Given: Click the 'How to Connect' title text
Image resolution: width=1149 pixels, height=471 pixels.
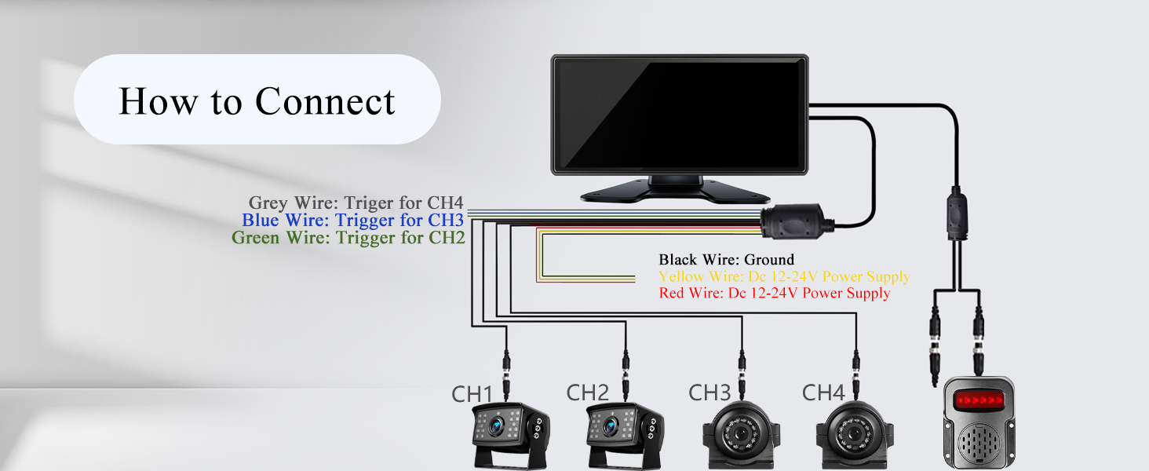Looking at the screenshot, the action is point(257,100).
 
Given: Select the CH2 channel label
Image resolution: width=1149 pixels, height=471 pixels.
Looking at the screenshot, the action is point(587,393).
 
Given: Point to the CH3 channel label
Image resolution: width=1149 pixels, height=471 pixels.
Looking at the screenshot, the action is point(709,393).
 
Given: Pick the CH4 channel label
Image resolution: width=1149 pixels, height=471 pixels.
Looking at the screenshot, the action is point(823,393).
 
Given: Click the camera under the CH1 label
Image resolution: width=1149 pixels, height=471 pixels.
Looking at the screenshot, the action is point(510,436).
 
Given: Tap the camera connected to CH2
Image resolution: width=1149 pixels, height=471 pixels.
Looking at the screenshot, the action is point(625,436).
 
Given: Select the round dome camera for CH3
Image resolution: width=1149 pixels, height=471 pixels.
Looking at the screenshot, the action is point(741,435).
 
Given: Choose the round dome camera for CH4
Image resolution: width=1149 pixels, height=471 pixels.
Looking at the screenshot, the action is point(855,435).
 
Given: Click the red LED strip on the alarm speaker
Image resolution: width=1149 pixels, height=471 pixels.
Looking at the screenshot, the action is point(979,400).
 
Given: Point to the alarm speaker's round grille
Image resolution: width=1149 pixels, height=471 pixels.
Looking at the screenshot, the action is point(979,443).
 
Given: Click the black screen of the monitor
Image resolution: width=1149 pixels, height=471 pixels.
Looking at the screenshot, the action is point(680,115).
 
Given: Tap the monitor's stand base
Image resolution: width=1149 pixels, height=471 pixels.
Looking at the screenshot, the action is point(675,191).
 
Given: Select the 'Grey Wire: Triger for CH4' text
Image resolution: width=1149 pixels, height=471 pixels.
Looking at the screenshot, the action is point(356,203).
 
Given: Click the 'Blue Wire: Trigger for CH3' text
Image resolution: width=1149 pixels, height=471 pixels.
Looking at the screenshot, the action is point(353,220).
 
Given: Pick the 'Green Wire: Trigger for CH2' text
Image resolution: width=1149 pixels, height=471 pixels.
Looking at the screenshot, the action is point(348,238).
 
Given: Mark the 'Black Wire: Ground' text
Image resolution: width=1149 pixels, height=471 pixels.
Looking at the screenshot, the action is point(726,260).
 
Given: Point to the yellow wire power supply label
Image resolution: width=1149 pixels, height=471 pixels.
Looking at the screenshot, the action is point(784,276).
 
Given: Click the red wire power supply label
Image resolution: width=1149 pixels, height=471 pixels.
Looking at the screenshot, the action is point(775,293).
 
